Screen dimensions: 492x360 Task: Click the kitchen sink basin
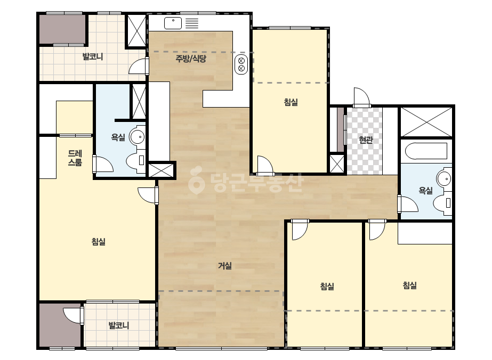(173, 23)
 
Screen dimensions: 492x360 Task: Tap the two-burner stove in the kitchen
(241, 64)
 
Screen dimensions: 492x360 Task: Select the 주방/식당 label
(191, 59)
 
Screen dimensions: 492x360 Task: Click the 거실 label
(224, 266)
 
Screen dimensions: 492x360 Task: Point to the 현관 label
(366, 140)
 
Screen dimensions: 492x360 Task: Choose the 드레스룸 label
(75, 158)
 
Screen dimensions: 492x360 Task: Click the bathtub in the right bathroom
(426, 151)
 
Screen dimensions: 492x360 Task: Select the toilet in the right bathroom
(443, 203)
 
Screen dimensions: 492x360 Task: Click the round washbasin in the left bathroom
(138, 137)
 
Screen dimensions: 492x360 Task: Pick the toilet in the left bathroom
(136, 160)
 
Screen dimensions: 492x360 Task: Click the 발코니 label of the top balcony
(93, 57)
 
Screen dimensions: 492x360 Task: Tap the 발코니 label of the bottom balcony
(119, 325)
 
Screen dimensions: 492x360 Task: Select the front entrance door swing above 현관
(362, 97)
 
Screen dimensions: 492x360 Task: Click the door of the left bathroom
(103, 163)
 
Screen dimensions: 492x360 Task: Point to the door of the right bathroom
(408, 204)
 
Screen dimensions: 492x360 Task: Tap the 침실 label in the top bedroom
(291, 102)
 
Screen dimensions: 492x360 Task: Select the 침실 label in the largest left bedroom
(98, 241)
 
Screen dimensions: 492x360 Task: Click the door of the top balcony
(139, 66)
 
